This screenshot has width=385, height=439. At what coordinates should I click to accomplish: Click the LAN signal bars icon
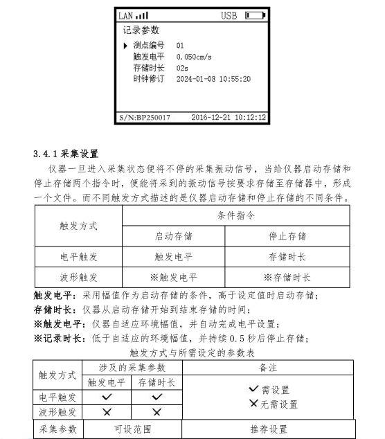(x=143, y=15)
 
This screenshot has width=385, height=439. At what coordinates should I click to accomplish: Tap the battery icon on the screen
(x=256, y=15)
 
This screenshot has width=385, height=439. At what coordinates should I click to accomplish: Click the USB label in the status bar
(x=229, y=15)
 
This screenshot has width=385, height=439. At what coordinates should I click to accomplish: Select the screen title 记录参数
(x=141, y=30)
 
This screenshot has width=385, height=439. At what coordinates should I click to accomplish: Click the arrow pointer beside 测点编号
(x=127, y=46)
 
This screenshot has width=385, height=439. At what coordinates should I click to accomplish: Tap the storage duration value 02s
(x=183, y=68)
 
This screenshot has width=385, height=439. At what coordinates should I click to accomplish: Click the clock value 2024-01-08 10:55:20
(x=213, y=79)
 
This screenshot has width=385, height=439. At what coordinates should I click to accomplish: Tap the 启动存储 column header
(x=173, y=236)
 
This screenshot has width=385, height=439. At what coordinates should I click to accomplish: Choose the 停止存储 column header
(x=287, y=236)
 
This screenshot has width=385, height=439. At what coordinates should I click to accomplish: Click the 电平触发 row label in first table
(x=78, y=256)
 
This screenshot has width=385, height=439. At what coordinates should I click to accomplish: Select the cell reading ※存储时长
(x=287, y=277)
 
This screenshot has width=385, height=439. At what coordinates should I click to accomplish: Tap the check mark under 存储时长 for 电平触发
(x=156, y=397)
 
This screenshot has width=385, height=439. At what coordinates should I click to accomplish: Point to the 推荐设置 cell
(x=269, y=429)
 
